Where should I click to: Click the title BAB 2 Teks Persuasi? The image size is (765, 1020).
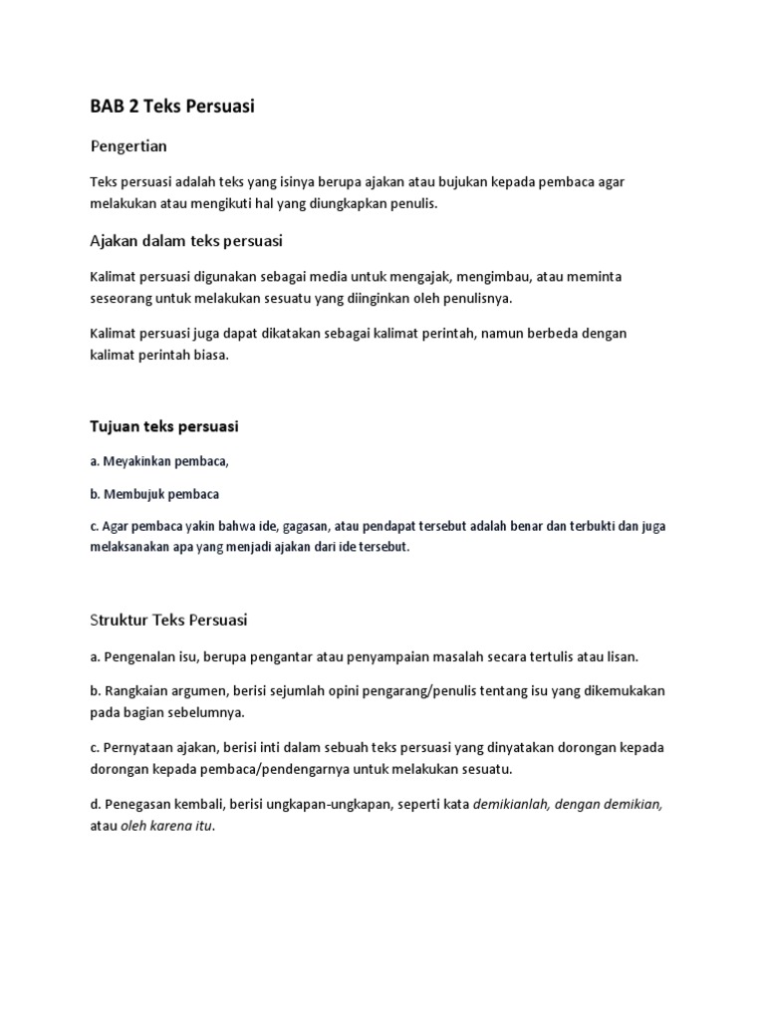[x=171, y=106]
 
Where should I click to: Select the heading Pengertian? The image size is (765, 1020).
[x=128, y=146]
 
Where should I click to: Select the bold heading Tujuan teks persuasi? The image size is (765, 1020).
[x=164, y=426]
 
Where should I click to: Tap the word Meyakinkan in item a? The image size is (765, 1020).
[x=135, y=460]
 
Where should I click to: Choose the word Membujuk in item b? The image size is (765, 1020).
[x=131, y=493]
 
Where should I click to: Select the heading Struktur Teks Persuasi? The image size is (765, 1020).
[x=168, y=620]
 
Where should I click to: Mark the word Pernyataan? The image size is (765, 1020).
[x=138, y=747]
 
